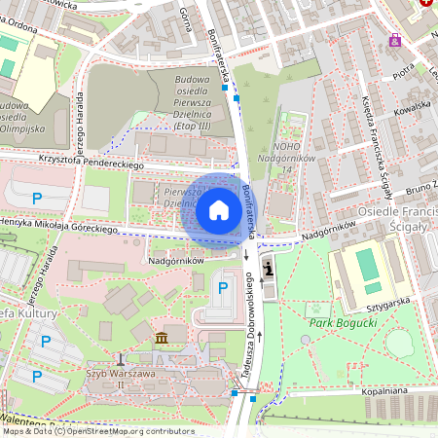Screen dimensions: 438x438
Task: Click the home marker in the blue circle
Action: click(x=219, y=209)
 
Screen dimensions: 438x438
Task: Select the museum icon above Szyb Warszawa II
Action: click(x=161, y=338)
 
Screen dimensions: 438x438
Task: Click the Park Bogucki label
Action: click(x=336, y=321)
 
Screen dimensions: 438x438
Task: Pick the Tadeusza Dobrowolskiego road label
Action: click(x=250, y=326)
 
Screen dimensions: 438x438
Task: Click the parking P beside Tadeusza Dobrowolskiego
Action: click(x=222, y=288)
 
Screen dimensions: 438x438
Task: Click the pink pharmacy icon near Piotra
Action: click(x=395, y=40)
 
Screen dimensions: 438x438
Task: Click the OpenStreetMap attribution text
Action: click(x=85, y=431)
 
